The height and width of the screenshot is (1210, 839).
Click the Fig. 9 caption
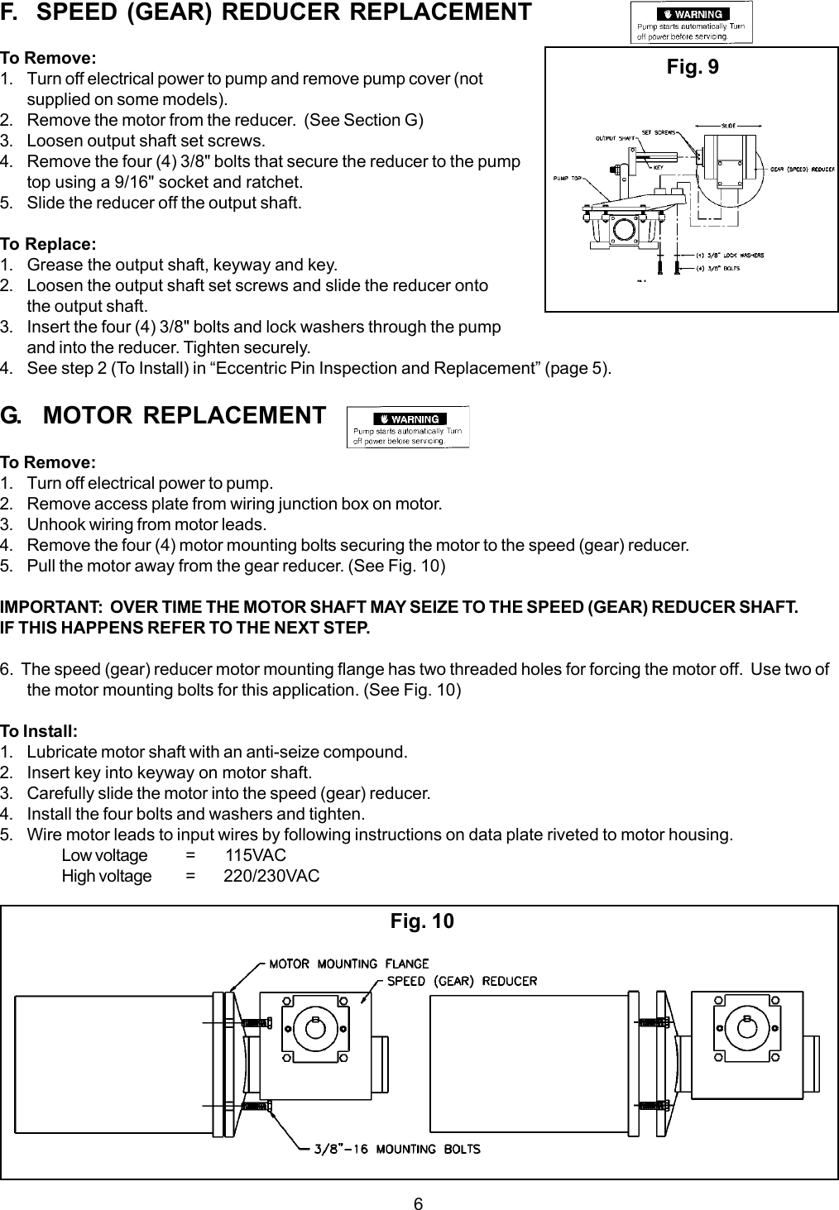(693, 67)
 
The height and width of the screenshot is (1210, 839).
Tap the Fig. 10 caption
(422, 921)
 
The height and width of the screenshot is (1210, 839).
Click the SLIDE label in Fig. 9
(729, 125)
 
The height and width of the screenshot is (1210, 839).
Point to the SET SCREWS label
(660, 132)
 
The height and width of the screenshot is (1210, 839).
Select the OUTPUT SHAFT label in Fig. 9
(615, 138)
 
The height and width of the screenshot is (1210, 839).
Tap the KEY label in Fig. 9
(659, 167)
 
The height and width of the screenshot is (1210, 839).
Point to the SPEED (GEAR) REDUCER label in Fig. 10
(463, 982)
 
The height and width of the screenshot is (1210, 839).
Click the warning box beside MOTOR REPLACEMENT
(408, 427)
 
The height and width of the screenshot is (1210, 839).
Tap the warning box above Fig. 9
(692, 23)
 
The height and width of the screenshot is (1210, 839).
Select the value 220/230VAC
(271, 876)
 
